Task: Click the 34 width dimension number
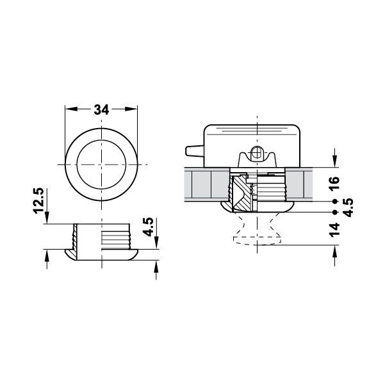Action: [x=101, y=109]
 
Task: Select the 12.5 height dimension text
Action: [x=39, y=201]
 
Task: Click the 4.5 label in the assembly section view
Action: [x=348, y=206]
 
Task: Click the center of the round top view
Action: [x=102, y=166]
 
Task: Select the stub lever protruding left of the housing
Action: [x=193, y=150]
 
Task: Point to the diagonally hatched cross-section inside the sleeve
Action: [x=243, y=195]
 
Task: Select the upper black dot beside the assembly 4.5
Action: [x=335, y=200]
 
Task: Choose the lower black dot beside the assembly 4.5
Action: [x=335, y=211]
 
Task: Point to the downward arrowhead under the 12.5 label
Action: [x=47, y=220]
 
